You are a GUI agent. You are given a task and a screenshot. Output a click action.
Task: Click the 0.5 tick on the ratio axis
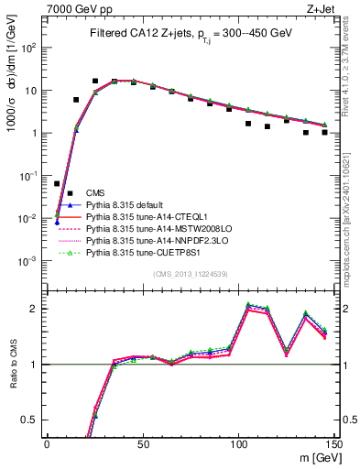click(x=31, y=420)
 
